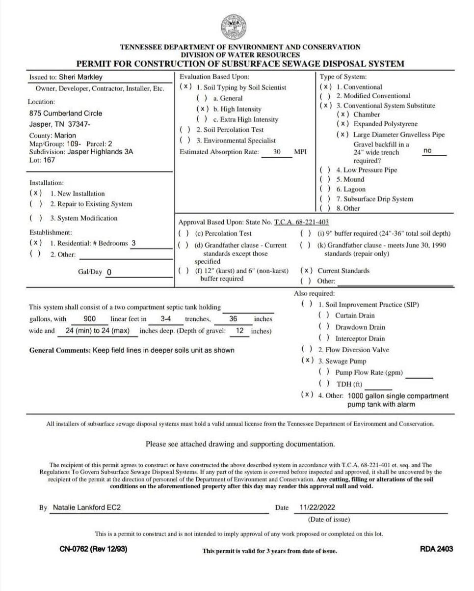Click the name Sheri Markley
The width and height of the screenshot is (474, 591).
(80, 77)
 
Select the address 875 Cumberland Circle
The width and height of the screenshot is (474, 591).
(66, 113)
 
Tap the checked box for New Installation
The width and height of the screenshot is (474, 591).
(35, 193)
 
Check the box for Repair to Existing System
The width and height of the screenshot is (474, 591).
(35, 204)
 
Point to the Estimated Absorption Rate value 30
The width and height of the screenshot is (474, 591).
(277, 152)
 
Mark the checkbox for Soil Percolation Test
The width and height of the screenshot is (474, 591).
(185, 130)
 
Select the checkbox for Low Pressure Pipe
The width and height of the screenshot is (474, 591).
(325, 170)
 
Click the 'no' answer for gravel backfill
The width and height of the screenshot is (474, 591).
(427, 151)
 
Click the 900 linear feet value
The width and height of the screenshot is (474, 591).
(90, 318)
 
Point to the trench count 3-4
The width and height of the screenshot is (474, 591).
(165, 318)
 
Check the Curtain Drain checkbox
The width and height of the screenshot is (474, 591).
(324, 315)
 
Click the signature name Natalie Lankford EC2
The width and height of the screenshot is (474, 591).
(86, 507)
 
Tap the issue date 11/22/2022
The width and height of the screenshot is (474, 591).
(317, 507)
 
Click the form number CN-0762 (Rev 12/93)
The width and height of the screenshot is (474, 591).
(93, 549)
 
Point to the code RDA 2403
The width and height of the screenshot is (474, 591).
(436, 549)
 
